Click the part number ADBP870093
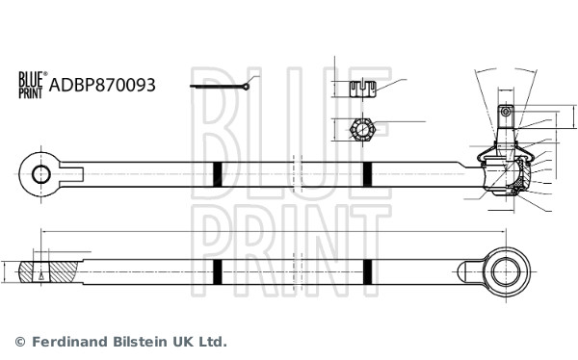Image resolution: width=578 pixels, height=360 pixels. (101, 85)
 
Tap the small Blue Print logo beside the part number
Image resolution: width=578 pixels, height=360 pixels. (31, 85)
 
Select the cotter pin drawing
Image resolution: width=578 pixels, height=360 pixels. (221, 88)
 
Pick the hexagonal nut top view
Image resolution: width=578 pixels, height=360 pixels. (360, 128)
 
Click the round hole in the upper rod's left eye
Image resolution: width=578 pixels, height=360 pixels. (40, 174)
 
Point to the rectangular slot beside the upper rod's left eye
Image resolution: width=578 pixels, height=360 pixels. (71, 174)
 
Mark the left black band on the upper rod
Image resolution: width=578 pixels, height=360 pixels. (218, 174)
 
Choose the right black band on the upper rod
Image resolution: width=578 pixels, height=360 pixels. (367, 174)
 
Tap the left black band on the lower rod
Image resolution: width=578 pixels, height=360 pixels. (218, 272)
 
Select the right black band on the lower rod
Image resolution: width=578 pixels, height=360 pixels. (367, 272)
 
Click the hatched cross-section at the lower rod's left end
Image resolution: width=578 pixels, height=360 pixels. (50, 272)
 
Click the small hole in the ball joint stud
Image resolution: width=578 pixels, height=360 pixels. (506, 113)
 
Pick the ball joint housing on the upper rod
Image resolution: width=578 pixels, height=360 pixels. (505, 174)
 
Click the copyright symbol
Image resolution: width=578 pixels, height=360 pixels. (19, 342)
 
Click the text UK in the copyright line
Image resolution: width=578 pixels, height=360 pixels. (185, 342)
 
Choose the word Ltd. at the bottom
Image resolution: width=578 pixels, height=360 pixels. (214, 342)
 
